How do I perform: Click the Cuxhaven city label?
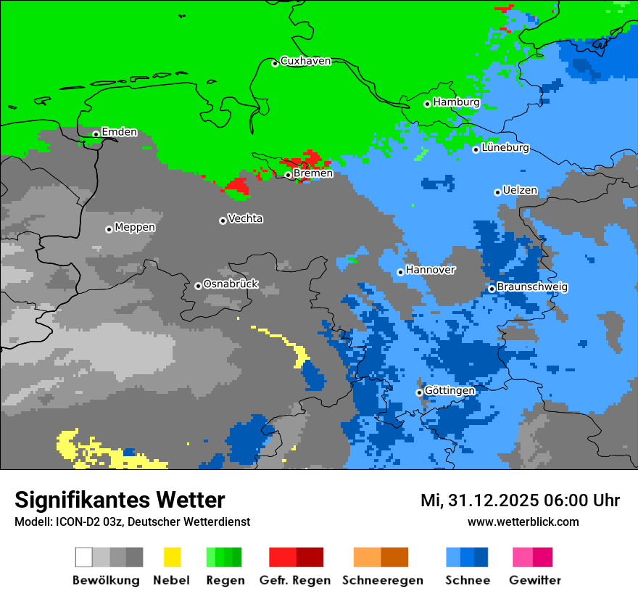(305, 61)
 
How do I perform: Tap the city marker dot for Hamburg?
(428, 104)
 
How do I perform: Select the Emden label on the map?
(119, 132)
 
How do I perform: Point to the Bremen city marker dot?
(288, 175)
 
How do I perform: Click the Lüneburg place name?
(505, 148)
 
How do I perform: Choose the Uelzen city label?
(520, 191)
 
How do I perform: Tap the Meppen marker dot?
(109, 229)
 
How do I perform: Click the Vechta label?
(245, 218)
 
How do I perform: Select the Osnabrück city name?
(231, 284)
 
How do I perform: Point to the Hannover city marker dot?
(400, 273)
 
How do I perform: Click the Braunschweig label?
(532, 287)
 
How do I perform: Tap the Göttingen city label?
(449, 391)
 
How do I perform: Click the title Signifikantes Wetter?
(120, 500)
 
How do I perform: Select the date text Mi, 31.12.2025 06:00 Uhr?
(520, 500)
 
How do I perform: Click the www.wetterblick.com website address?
(523, 522)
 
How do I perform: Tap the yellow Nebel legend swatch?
(172, 557)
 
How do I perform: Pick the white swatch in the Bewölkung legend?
(83, 557)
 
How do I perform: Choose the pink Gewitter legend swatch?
(523, 557)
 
